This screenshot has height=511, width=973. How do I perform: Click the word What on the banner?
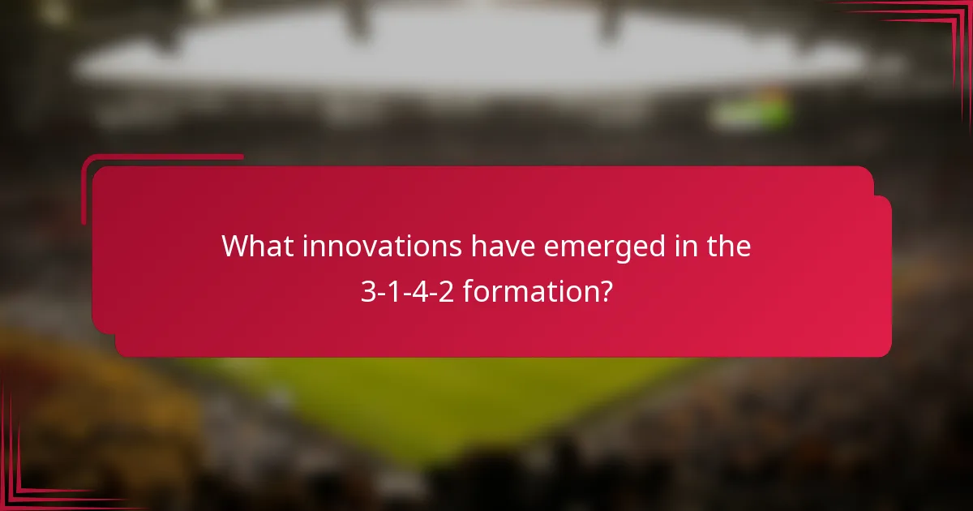[257, 246]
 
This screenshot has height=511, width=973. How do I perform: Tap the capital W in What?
[237, 246]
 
